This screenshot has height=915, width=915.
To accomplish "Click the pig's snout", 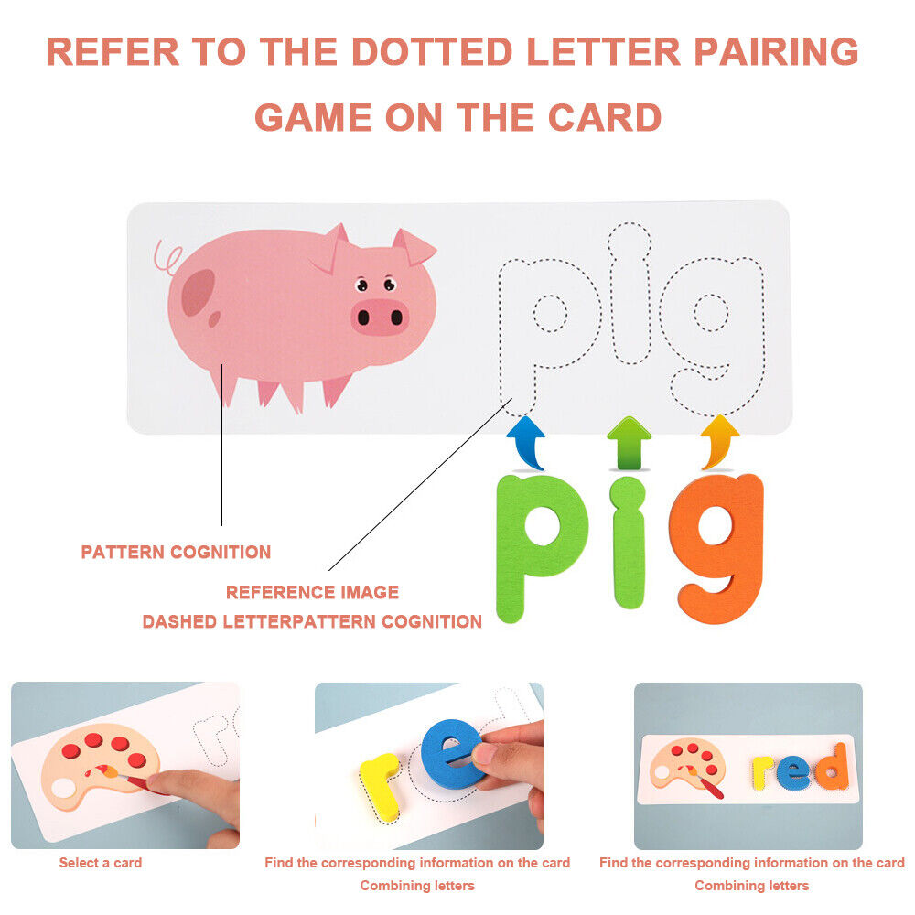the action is click(380, 317).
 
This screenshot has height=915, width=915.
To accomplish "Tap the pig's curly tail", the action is click(167, 258).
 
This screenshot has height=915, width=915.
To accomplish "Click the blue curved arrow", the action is click(526, 442).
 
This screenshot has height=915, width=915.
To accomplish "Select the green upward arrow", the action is click(630, 442).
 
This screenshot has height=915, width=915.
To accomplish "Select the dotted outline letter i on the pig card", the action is click(630, 292).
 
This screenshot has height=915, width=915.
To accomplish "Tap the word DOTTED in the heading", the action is click(432, 52).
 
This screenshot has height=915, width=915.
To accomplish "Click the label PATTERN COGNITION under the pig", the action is click(176, 552).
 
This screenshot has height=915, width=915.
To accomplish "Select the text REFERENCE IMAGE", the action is click(312, 592).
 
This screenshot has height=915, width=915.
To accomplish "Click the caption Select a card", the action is click(101, 863).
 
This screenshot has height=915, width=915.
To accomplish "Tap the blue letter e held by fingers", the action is click(449, 753).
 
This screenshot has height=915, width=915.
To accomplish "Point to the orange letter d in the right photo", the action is click(833, 768).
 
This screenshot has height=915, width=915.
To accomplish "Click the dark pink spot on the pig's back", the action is click(199, 292).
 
